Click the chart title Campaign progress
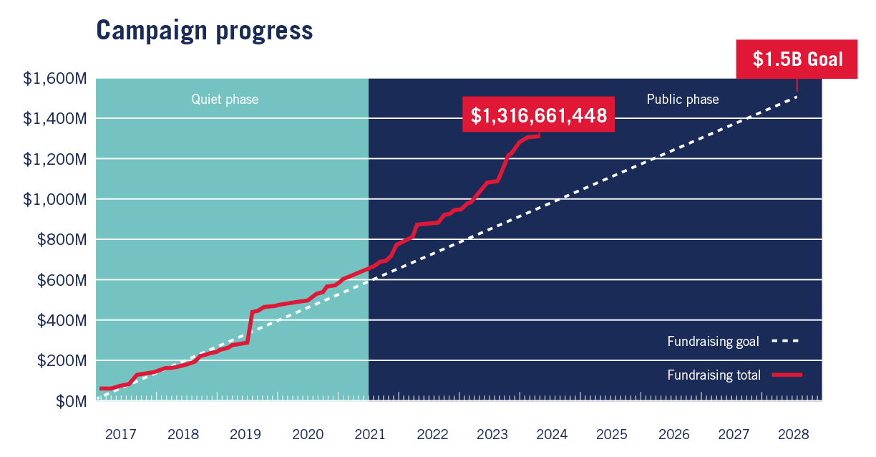[204, 30]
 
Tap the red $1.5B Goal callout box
[797, 59]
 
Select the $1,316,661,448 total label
[539, 115]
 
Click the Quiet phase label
[224, 100]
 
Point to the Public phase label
[682, 100]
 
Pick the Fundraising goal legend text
[713, 342]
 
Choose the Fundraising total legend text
[714, 375]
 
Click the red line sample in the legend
[787, 375]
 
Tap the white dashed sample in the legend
[785, 342]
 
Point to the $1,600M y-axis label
[55, 78]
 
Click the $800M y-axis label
[62, 240]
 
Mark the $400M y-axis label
[62, 320]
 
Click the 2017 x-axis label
[120, 435]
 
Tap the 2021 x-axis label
[370, 435]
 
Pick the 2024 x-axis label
[552, 435]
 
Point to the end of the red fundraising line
[538, 135]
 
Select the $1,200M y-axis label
[55, 159]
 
